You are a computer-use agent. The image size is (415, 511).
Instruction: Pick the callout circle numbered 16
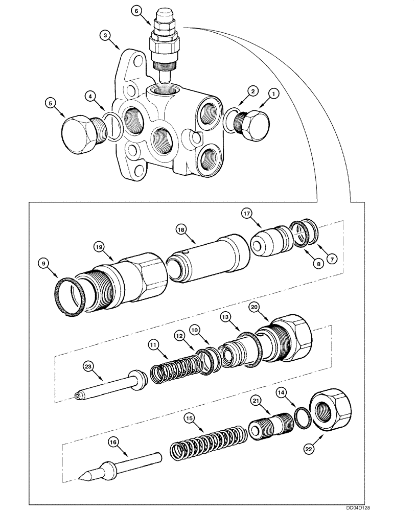click(112, 440)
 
